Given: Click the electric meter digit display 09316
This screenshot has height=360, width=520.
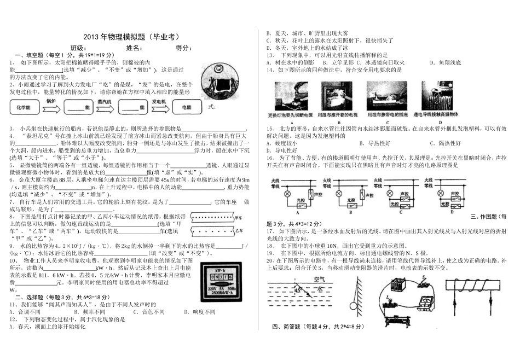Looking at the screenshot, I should point(219,277).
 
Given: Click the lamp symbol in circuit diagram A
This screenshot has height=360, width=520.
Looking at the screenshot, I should point(281,193).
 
